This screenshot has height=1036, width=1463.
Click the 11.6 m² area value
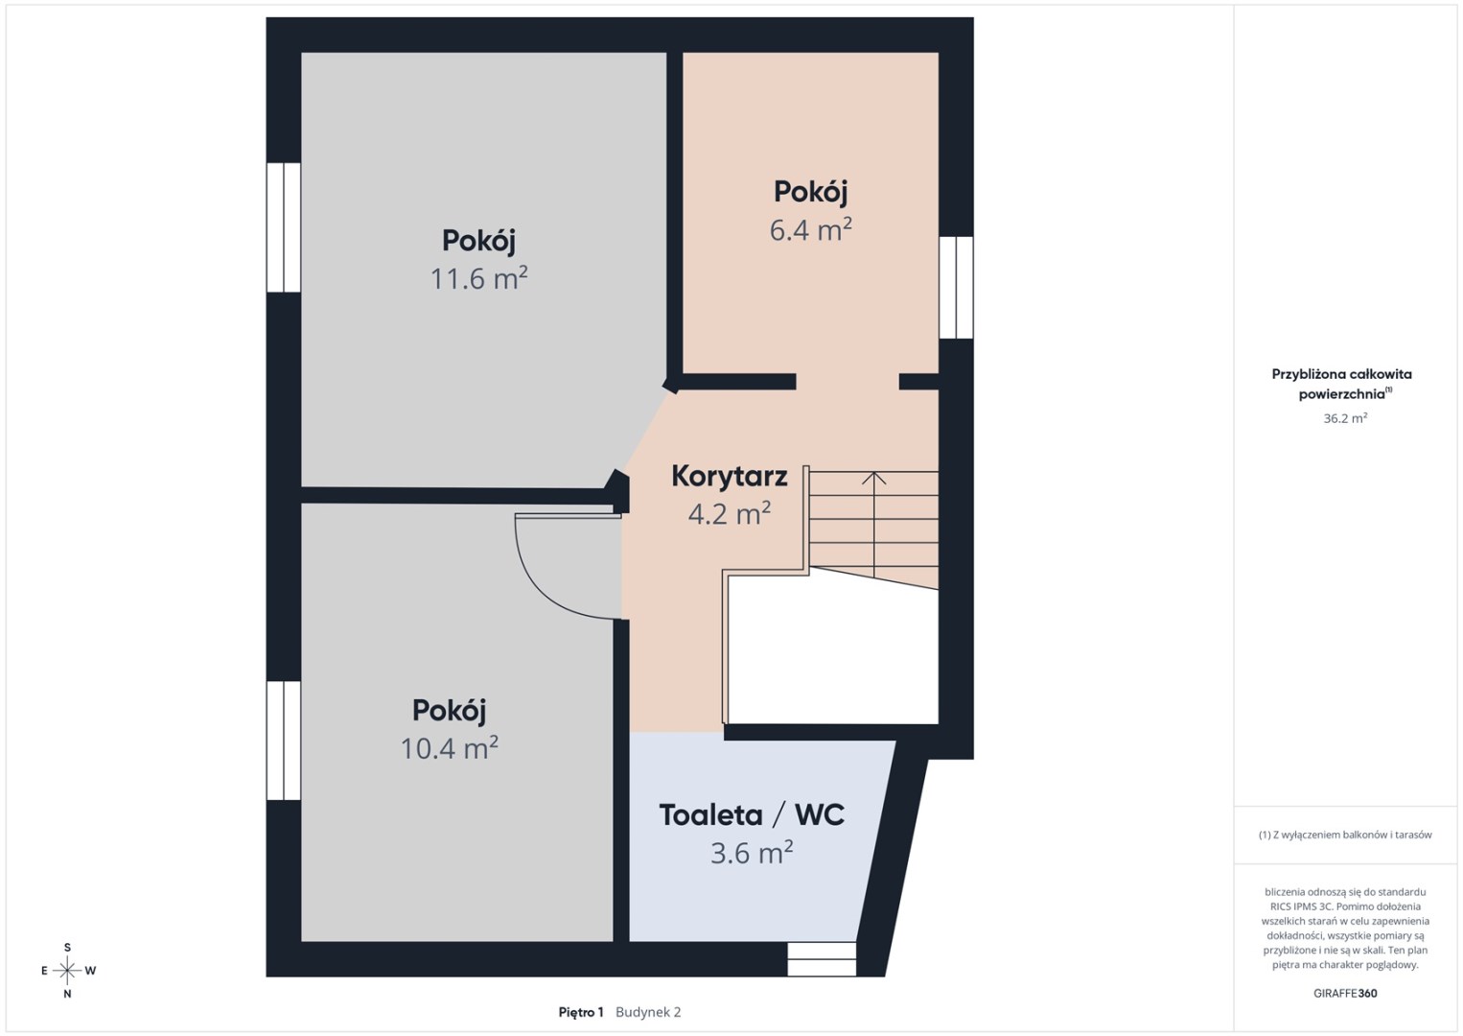tap(478, 278)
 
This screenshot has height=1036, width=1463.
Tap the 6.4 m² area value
tap(810, 230)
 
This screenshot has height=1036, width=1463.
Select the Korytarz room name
tap(729, 477)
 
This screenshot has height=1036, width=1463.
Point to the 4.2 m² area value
tap(729, 514)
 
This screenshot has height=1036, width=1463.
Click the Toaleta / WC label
tap(752, 815)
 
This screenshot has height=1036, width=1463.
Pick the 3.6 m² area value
tap(752, 853)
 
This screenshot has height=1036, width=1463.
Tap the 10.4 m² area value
tap(449, 748)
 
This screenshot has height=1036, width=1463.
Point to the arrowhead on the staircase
tap(874, 478)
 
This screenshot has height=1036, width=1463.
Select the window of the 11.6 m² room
tap(284, 227)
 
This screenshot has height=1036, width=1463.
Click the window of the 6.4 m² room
tap(956, 288)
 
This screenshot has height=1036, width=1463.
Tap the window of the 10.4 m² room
tap(284, 741)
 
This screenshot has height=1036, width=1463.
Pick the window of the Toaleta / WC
tap(822, 959)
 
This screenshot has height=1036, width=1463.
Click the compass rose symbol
tap(67, 971)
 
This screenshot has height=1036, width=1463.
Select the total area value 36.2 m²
tap(1345, 418)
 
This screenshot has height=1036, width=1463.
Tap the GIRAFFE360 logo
tap(1345, 994)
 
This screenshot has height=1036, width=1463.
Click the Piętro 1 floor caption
tap(581, 1012)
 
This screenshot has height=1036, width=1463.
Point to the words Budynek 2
tap(648, 1012)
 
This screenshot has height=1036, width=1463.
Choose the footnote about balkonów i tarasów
tap(1345, 835)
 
